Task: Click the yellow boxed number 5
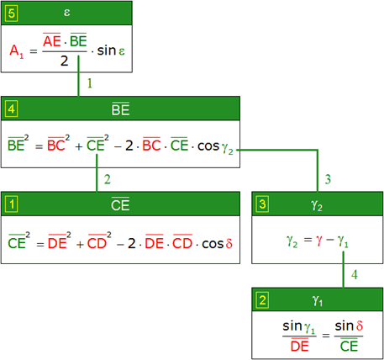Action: click(x=11, y=13)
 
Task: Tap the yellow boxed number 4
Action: click(x=12, y=109)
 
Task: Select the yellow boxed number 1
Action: click(x=12, y=204)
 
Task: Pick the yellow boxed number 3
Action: click(x=262, y=204)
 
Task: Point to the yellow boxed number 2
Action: click(x=262, y=300)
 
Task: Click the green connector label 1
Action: click(x=90, y=83)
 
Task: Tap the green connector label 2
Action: click(x=108, y=179)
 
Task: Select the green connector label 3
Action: click(x=328, y=179)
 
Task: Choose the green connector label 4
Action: click(x=355, y=275)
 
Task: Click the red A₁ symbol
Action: click(x=17, y=51)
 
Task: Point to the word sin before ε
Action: click(x=107, y=50)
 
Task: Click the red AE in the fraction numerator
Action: click(x=52, y=40)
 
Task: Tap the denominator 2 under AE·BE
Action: click(x=65, y=61)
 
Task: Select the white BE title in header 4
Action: click(x=120, y=109)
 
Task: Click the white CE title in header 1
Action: click(x=120, y=204)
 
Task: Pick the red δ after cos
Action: click(x=229, y=243)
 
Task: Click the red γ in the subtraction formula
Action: click(x=318, y=241)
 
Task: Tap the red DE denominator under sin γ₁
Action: click(x=300, y=346)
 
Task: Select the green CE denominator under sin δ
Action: click(x=349, y=346)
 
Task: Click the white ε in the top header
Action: click(x=66, y=13)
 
